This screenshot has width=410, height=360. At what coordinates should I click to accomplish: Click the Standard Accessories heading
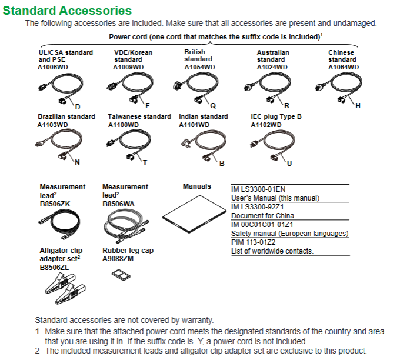coord(67,11)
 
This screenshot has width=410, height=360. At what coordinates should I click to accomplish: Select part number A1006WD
coord(53,67)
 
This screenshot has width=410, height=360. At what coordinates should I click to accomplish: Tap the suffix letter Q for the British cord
coord(213,106)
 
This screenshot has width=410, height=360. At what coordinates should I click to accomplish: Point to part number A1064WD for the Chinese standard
coord(344,67)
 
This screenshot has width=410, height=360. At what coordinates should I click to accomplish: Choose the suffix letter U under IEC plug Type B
coord(289,164)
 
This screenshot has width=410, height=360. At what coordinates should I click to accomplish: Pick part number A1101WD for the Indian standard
coord(194,125)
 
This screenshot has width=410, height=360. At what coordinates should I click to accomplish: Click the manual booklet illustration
coord(194,214)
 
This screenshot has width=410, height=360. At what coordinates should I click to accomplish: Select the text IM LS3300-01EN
coord(258,189)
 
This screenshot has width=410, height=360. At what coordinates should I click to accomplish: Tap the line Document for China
coord(262,216)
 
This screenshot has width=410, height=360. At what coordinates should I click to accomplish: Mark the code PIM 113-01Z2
coord(253,242)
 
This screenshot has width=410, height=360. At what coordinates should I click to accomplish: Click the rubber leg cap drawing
coord(121,275)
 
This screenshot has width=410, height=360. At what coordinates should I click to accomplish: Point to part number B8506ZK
coord(55,204)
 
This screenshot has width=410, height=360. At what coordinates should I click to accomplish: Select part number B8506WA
coord(118,204)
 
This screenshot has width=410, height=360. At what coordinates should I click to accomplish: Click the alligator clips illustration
coord(65,288)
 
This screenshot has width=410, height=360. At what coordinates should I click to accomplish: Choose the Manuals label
coord(197,186)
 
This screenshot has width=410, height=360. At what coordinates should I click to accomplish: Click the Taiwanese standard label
coord(139,116)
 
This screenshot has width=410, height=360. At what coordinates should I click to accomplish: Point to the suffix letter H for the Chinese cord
coord(358,106)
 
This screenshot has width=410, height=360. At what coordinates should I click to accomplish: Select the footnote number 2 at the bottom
coord(38,351)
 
